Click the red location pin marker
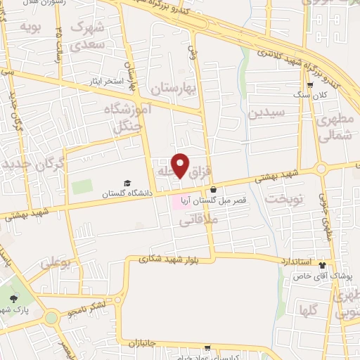pyautogui.click(x=181, y=165)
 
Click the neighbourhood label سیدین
pyautogui.click(x=271, y=112)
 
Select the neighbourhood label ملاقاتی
pyautogui.click(x=200, y=221)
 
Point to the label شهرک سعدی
pyautogui.click(x=89, y=35)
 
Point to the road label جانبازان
pyautogui.click(x=146, y=342)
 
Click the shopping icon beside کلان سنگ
pyautogui.click(x=309, y=85)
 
